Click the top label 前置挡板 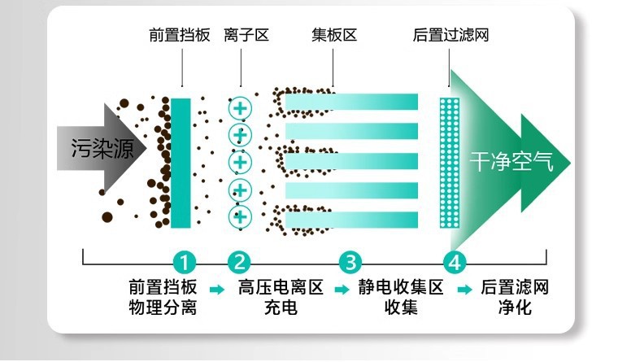click(180, 36)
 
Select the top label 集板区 click(333, 36)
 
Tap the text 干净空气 click(511, 162)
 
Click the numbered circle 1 click(185, 262)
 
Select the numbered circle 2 click(239, 262)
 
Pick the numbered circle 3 click(350, 262)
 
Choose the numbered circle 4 click(455, 262)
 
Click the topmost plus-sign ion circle click(240, 107)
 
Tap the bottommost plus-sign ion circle click(240, 217)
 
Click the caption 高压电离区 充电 click(281, 297)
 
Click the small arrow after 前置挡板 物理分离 click(216, 289)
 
